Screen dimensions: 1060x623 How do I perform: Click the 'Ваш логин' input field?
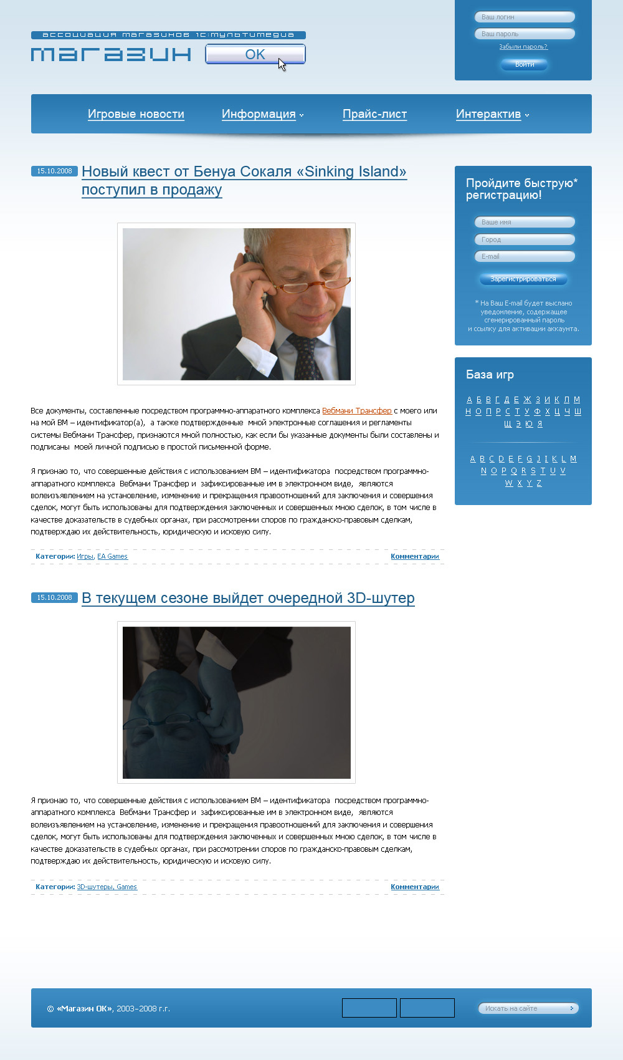point(524,17)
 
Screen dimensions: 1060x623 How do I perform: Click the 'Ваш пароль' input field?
point(524,34)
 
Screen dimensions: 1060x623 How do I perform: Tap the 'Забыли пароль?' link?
point(523,47)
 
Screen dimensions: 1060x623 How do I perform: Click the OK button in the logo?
point(255,54)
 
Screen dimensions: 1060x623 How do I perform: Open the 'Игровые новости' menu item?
point(136,114)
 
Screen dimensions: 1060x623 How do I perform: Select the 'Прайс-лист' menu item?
point(374,114)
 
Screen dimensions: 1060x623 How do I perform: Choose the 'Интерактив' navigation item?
point(488,114)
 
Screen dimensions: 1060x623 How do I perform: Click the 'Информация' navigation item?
point(259,114)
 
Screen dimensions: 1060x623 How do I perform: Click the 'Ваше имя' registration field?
point(524,222)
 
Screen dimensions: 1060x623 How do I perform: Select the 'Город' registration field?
point(524,239)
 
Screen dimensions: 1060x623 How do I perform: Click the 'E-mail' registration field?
point(524,256)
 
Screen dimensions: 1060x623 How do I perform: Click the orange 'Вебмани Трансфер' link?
point(357,411)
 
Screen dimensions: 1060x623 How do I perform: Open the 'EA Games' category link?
point(112,556)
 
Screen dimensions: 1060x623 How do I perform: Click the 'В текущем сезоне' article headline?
point(248,598)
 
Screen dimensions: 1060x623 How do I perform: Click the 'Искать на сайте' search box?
point(523,1008)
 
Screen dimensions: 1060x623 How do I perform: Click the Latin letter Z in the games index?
point(539,483)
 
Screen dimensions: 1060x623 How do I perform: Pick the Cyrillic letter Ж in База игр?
point(527,400)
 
